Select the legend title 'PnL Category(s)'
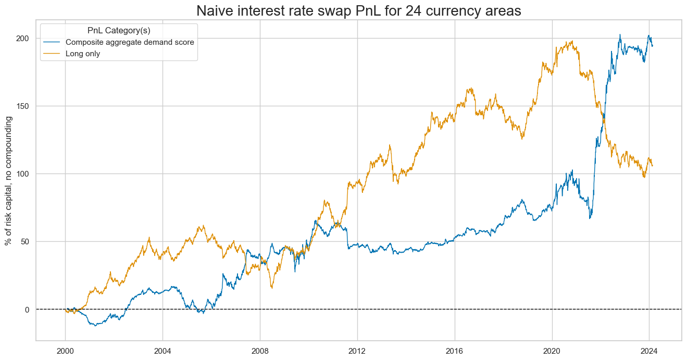tap(119, 31)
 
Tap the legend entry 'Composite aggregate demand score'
tap(130, 42)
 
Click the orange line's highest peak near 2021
tap(572, 41)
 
